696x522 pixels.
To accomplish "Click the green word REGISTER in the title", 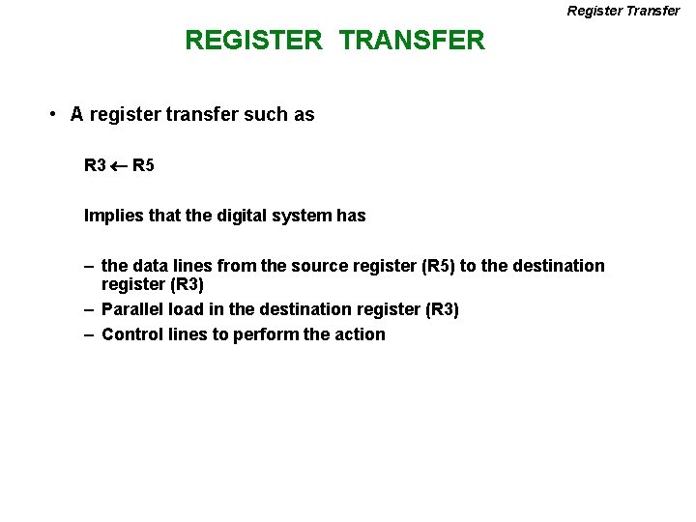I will click(x=253, y=41).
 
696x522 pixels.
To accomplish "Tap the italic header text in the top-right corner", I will click(x=623, y=11).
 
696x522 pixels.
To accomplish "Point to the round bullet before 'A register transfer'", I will click(x=53, y=114).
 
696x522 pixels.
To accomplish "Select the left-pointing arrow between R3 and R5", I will click(x=119, y=165).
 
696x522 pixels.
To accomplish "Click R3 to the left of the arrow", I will click(x=95, y=165).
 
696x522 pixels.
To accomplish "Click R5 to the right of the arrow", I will click(x=143, y=165).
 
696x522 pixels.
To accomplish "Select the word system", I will click(x=305, y=216).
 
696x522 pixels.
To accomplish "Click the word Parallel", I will click(x=132, y=309).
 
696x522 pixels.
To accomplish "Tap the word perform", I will click(x=266, y=334).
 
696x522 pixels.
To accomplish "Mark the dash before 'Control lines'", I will click(x=88, y=334).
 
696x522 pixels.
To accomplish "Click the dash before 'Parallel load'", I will click(x=88, y=309).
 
